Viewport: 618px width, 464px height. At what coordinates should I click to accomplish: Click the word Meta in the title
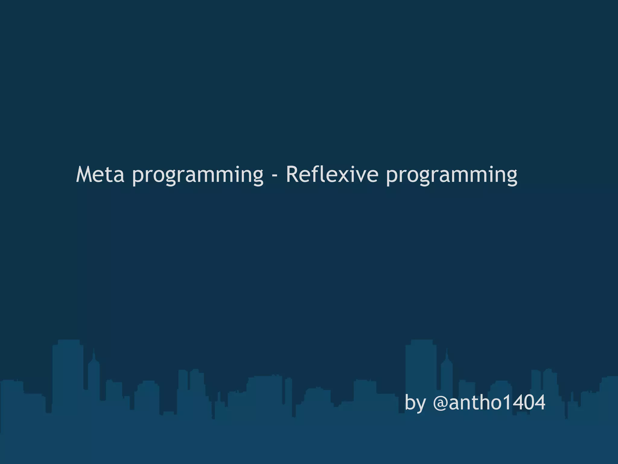coord(100,175)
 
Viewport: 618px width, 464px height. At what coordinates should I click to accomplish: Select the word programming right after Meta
coord(198,175)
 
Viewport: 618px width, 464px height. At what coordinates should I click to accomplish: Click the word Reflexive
coord(332,175)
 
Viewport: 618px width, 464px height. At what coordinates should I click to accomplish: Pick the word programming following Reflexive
coord(452,175)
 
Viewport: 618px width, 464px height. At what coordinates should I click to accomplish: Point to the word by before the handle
coord(415,403)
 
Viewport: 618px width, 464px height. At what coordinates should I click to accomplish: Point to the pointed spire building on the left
coord(94,375)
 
